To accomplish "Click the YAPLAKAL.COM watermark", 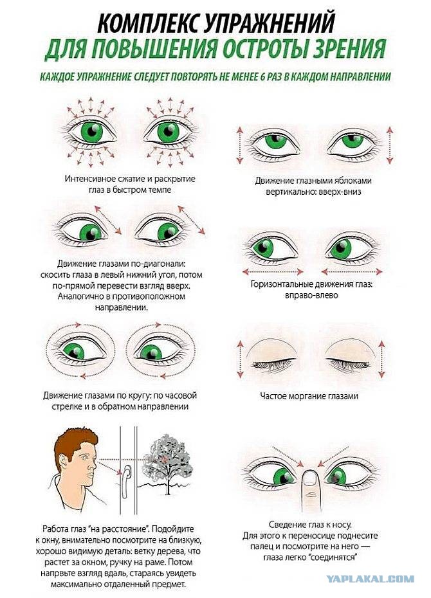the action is [x=371, y=579].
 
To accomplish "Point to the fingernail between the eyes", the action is [x=311, y=478].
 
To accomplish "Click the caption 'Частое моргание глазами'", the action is [x=309, y=396].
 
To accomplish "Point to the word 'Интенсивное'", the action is [x=89, y=179].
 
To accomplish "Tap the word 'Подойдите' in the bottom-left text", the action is [x=172, y=529].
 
